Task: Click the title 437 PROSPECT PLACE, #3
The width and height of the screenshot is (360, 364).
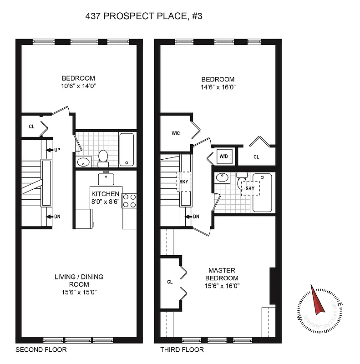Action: click(x=144, y=16)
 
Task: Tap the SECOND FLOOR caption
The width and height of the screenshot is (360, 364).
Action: click(x=41, y=350)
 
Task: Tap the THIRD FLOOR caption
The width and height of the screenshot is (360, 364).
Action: click(x=182, y=350)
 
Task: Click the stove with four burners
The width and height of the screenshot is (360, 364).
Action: click(x=129, y=201)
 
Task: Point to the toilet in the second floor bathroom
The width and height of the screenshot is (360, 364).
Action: click(x=103, y=157)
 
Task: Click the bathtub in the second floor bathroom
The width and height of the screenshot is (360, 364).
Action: click(x=127, y=149)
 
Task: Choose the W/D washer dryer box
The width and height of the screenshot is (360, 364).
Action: click(x=224, y=157)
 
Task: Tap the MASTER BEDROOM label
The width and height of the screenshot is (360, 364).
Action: click(x=222, y=274)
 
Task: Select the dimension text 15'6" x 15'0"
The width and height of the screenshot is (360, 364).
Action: click(x=79, y=292)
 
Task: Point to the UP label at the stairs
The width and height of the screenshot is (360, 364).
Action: click(x=57, y=150)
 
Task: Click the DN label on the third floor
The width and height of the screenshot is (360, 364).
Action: click(x=196, y=217)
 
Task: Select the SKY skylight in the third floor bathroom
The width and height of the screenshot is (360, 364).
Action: click(x=250, y=187)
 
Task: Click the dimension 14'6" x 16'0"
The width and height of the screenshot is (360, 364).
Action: click(x=218, y=86)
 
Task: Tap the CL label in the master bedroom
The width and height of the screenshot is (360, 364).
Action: click(x=170, y=282)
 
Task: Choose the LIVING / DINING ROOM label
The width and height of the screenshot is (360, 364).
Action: click(x=79, y=280)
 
